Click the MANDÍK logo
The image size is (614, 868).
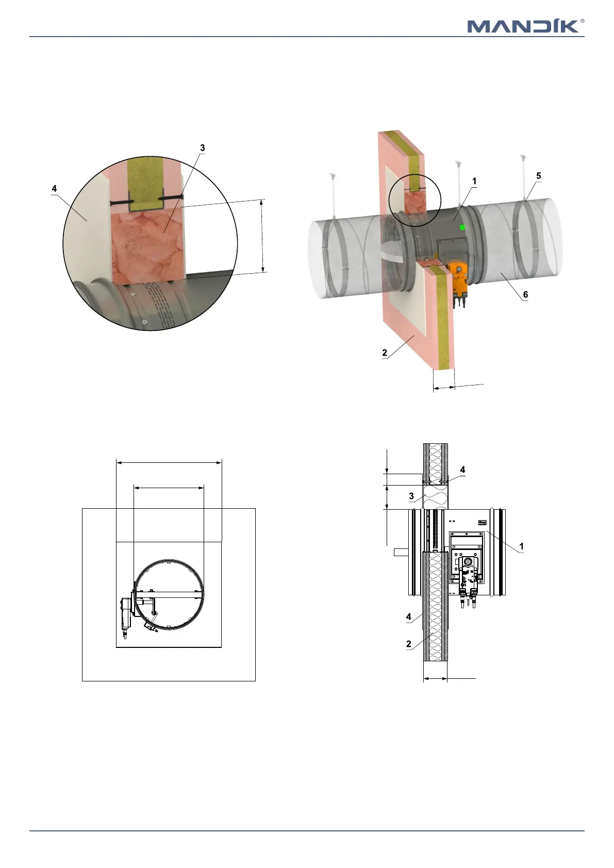[526, 26]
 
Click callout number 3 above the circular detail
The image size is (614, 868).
[202, 147]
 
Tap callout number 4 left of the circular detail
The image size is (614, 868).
[54, 188]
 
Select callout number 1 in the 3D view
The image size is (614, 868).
[474, 181]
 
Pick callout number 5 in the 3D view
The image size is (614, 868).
[538, 176]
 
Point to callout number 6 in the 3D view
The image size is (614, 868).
[526, 294]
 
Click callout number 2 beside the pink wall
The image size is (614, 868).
[385, 353]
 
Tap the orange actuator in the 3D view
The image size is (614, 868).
[459, 283]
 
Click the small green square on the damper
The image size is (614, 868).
[462, 227]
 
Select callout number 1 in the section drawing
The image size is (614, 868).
[521, 546]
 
